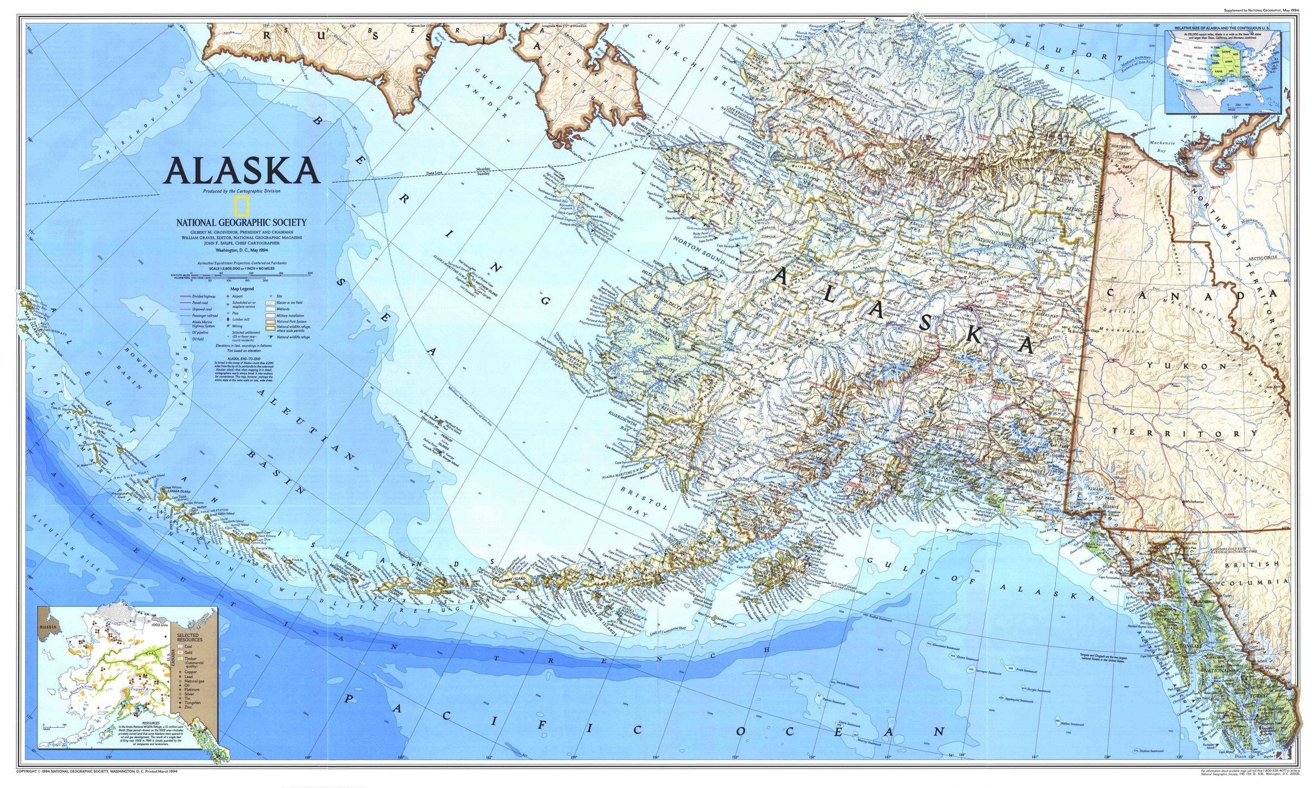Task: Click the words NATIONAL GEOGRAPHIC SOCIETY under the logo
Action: pyautogui.click(x=241, y=222)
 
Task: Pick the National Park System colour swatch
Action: pyautogui.click(x=270, y=322)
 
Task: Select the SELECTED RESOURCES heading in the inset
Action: pyautogui.click(x=189, y=638)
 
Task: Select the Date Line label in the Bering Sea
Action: pyautogui.click(x=433, y=174)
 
